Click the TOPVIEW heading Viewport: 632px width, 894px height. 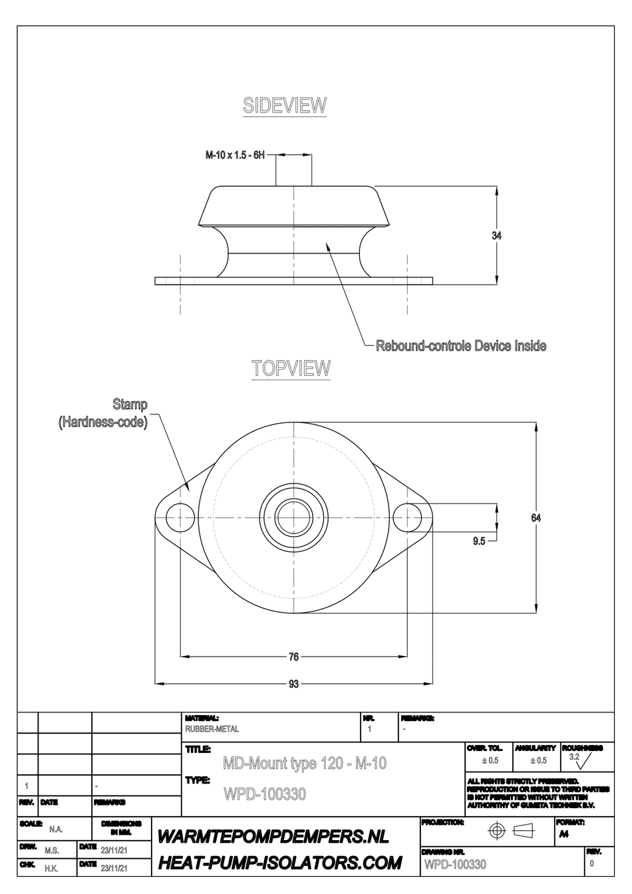click(x=291, y=369)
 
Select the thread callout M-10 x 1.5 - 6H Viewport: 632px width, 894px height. click(x=235, y=155)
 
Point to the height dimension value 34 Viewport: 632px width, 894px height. click(x=496, y=235)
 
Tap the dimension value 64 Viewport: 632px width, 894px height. click(x=536, y=518)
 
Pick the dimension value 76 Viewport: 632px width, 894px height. click(x=293, y=657)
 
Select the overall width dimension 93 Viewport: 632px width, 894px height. click(x=293, y=684)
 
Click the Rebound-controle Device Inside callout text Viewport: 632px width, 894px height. click(x=461, y=346)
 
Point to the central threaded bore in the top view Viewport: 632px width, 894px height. click(x=293, y=516)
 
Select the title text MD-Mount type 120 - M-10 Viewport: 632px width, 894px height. click(x=304, y=763)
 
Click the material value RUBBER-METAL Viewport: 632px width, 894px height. click(x=212, y=729)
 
